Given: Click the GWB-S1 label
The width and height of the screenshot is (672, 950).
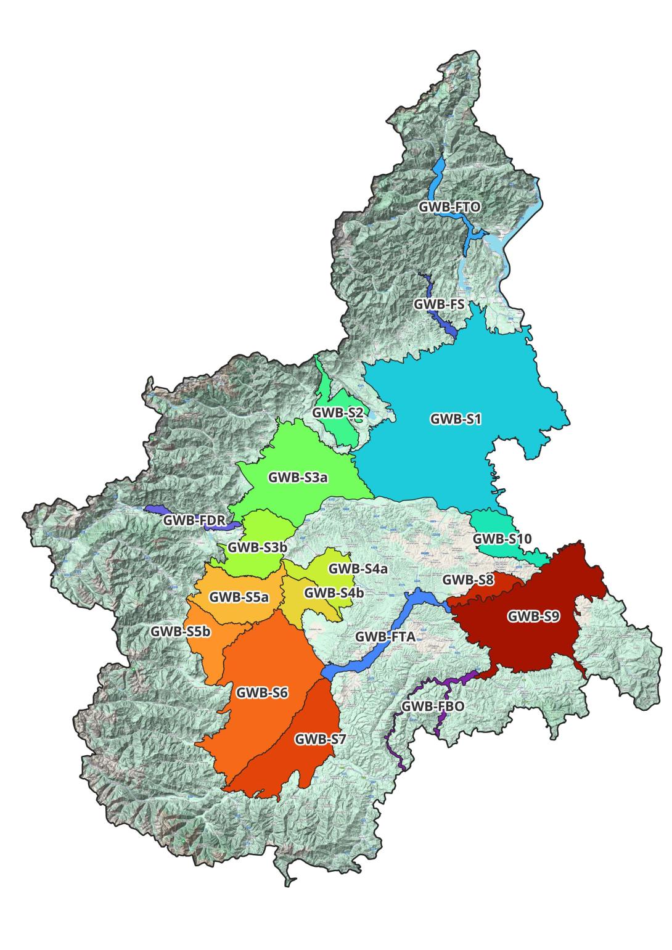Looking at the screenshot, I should tap(456, 419).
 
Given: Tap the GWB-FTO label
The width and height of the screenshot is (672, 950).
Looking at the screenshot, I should tap(449, 207).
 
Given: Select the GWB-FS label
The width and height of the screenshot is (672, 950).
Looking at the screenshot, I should tap(438, 304).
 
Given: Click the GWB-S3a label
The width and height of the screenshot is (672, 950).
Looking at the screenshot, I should tap(297, 477).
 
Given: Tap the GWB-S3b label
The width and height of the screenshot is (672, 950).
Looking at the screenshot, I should tap(257, 547).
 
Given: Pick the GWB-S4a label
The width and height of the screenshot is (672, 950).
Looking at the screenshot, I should tap(358, 568).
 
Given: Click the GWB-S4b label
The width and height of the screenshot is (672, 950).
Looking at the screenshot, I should tap(334, 592).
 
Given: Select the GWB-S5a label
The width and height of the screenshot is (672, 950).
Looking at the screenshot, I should tap(239, 597).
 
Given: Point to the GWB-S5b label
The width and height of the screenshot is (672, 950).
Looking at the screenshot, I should tap(181, 632).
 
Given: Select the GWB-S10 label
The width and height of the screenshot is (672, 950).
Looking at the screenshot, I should tap(502, 539).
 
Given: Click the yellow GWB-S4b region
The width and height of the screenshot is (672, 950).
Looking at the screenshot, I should tap(314, 610).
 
